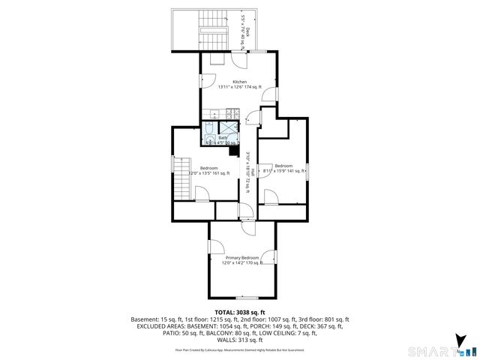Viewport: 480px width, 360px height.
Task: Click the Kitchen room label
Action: (239, 82)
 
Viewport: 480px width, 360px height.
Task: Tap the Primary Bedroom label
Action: (240, 257)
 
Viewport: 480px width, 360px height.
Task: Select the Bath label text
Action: (223, 138)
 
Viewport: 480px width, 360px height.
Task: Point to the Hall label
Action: (253, 172)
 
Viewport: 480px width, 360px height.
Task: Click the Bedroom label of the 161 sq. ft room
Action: (208, 167)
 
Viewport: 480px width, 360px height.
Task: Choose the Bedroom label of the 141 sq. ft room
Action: (283, 165)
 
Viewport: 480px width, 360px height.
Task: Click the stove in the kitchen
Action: (232, 114)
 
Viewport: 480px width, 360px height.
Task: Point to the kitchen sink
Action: (215, 114)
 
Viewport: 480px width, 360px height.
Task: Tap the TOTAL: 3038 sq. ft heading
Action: (240, 312)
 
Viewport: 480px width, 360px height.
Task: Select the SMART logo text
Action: (432, 350)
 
